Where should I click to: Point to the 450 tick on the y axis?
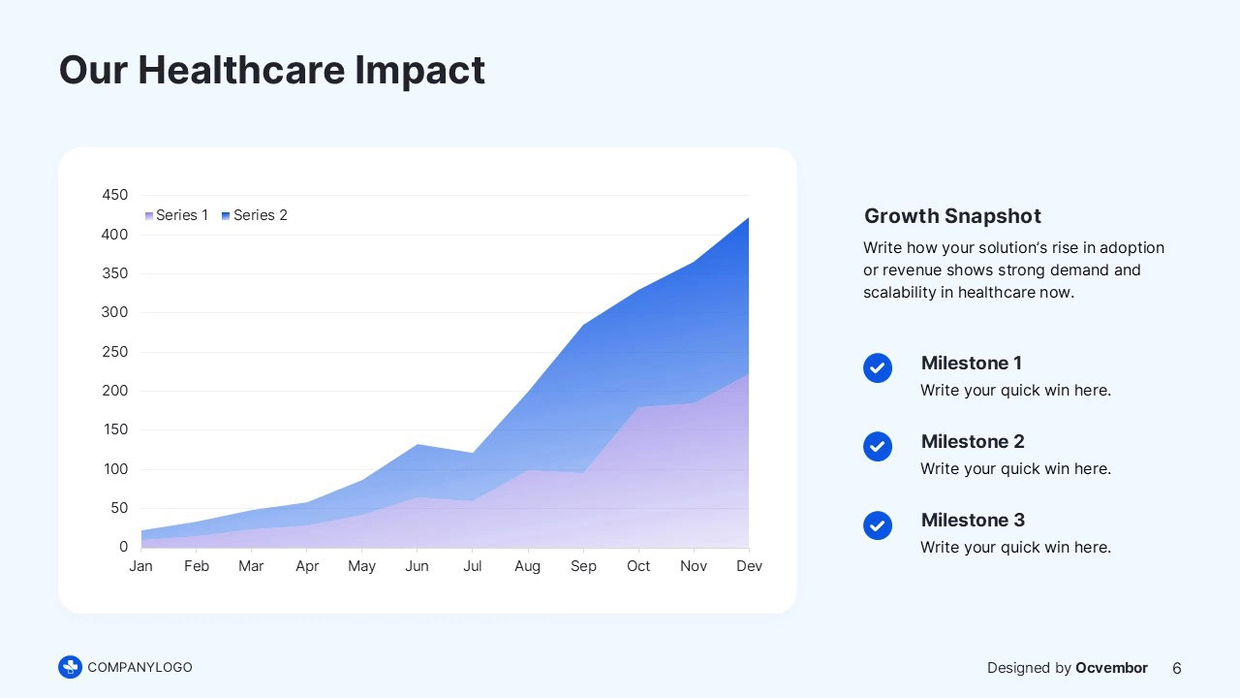click(x=114, y=195)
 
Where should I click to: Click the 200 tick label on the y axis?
click(x=114, y=391)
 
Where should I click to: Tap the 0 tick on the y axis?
click(x=123, y=547)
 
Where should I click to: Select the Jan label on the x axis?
click(x=140, y=566)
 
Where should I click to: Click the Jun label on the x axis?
click(x=417, y=566)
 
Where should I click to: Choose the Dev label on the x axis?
click(x=749, y=566)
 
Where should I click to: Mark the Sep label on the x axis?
click(x=583, y=566)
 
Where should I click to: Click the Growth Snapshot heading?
click(x=952, y=216)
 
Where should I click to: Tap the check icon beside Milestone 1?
click(x=878, y=367)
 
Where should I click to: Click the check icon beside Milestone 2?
click(x=878, y=446)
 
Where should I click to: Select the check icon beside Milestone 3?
click(x=878, y=524)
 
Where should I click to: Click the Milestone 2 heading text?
click(x=972, y=442)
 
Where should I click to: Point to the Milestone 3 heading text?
click(x=972, y=521)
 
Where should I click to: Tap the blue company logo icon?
click(x=70, y=667)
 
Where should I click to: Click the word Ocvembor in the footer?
click(x=1111, y=668)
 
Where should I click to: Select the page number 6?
click(x=1177, y=668)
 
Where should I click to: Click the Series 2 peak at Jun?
click(x=417, y=445)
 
